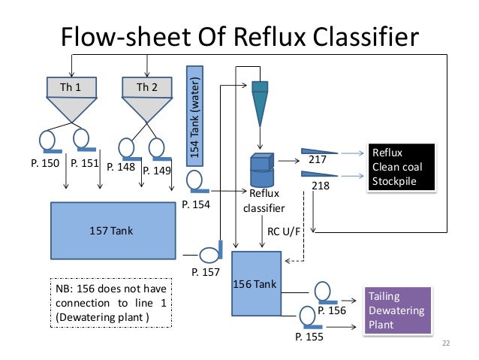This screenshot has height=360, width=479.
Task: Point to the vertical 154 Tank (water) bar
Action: tap(194, 116)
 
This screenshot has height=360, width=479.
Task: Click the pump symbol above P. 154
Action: tap(194, 181)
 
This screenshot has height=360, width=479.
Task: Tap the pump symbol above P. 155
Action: tap(308, 316)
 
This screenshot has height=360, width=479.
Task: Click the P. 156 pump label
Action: tap(333, 310)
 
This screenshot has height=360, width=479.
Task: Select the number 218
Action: tap(321, 184)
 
